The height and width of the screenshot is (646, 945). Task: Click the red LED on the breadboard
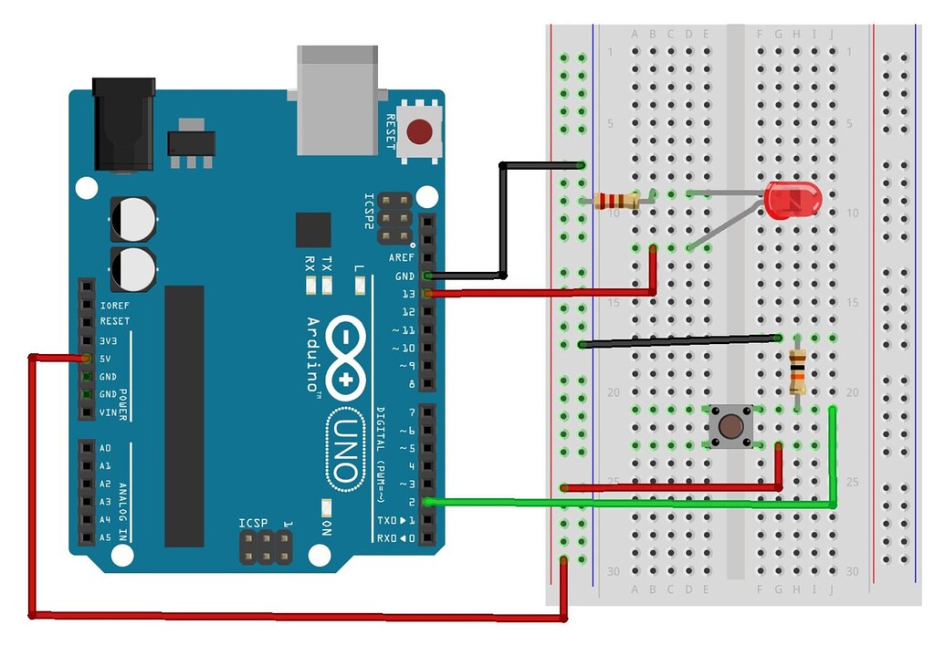pos(793,199)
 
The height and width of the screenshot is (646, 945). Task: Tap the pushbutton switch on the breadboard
pos(730,427)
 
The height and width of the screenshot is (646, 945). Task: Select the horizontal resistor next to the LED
pos(616,201)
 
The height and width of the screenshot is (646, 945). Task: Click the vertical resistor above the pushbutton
pos(797,370)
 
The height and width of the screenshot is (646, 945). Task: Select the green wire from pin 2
pos(639,503)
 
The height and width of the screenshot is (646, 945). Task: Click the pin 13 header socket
pos(427,294)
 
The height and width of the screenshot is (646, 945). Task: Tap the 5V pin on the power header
pos(86,358)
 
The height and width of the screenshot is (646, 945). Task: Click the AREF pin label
pos(403,258)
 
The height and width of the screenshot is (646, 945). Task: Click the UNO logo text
pos(343,448)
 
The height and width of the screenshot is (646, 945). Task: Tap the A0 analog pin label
pos(105,448)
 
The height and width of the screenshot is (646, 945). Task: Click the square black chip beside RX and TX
pos(313,230)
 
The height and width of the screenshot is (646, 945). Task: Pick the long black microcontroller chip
pos(184,416)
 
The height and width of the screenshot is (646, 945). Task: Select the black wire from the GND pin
pos(502,219)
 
